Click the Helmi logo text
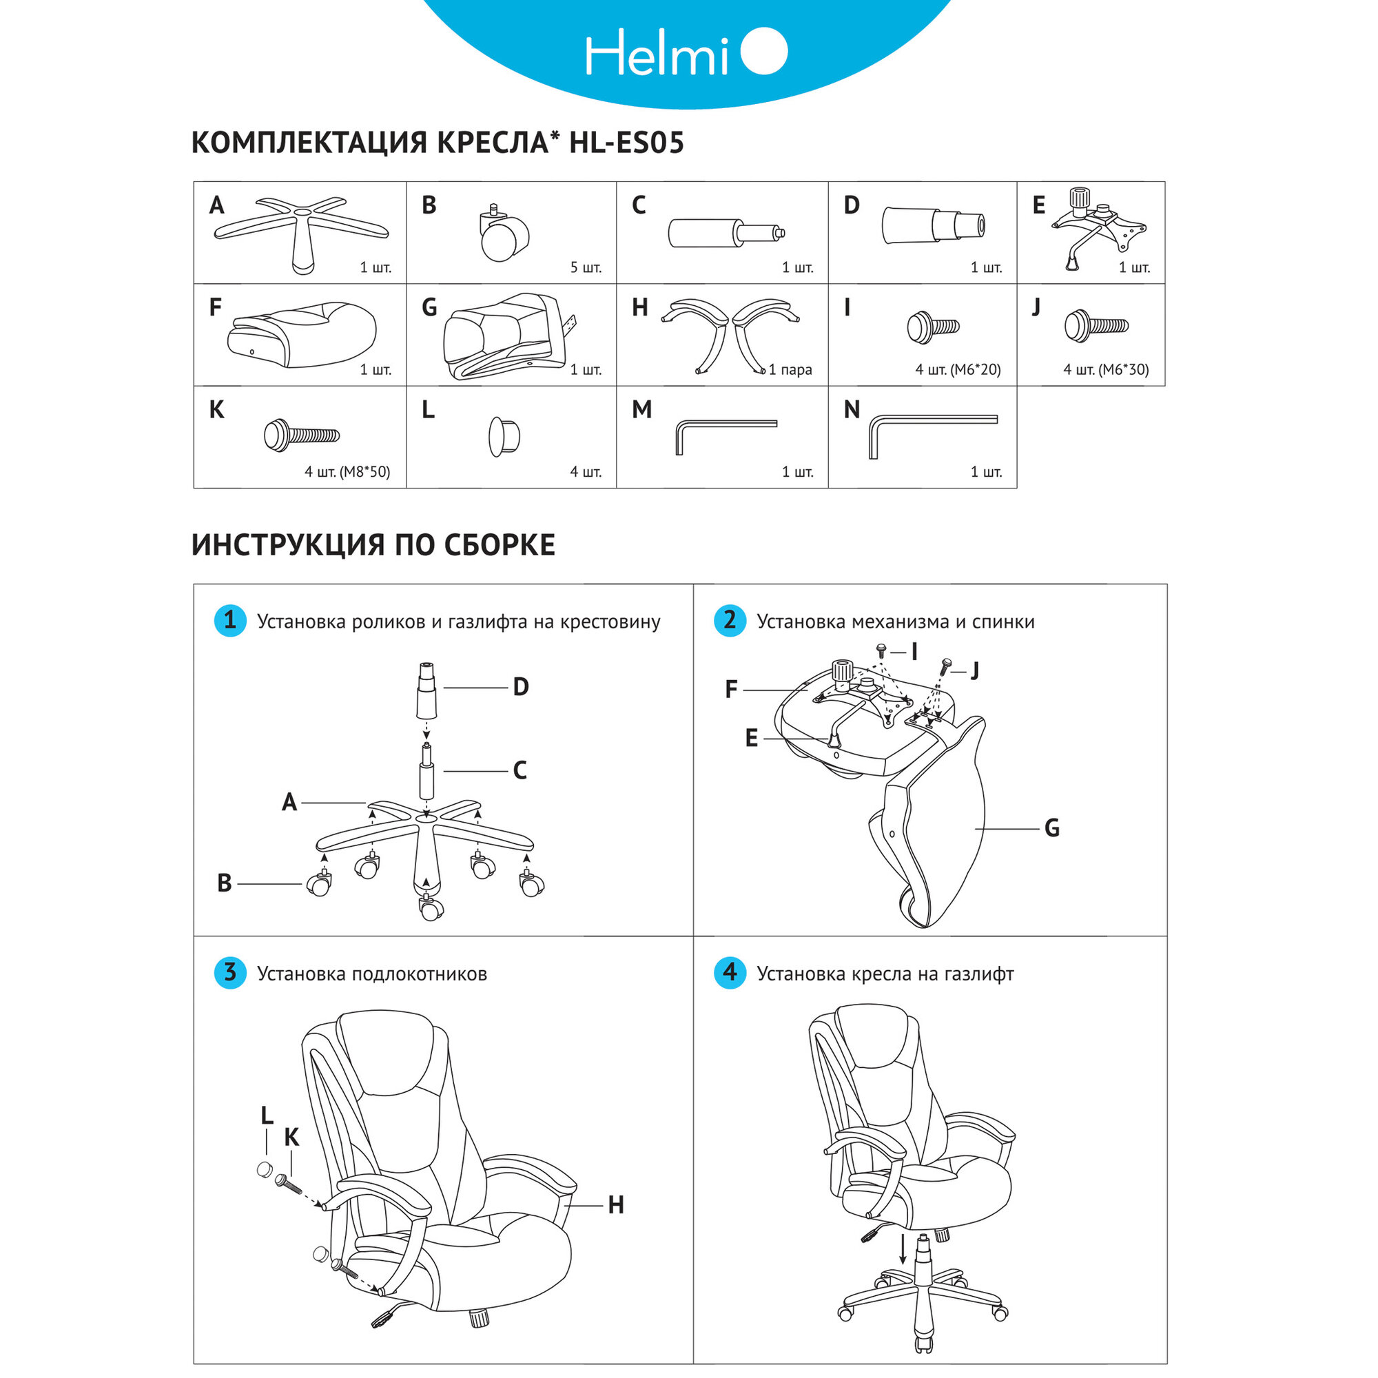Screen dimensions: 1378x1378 [656, 53]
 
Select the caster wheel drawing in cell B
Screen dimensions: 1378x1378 [504, 235]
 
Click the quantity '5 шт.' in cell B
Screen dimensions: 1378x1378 [586, 268]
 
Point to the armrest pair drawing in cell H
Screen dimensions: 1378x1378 [730, 331]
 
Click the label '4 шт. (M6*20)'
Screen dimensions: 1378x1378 [957, 370]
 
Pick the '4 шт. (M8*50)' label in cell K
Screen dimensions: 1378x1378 [347, 472]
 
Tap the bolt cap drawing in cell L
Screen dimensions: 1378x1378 [504, 436]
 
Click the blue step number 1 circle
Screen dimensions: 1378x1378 [229, 621]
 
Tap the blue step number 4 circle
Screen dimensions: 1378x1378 [730, 973]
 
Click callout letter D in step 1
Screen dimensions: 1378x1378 [521, 687]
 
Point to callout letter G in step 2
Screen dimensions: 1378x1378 [1051, 829]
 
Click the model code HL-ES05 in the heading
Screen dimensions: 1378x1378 [626, 143]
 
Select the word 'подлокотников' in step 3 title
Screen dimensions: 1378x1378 [420, 974]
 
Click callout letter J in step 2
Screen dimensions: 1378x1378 [975, 670]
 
